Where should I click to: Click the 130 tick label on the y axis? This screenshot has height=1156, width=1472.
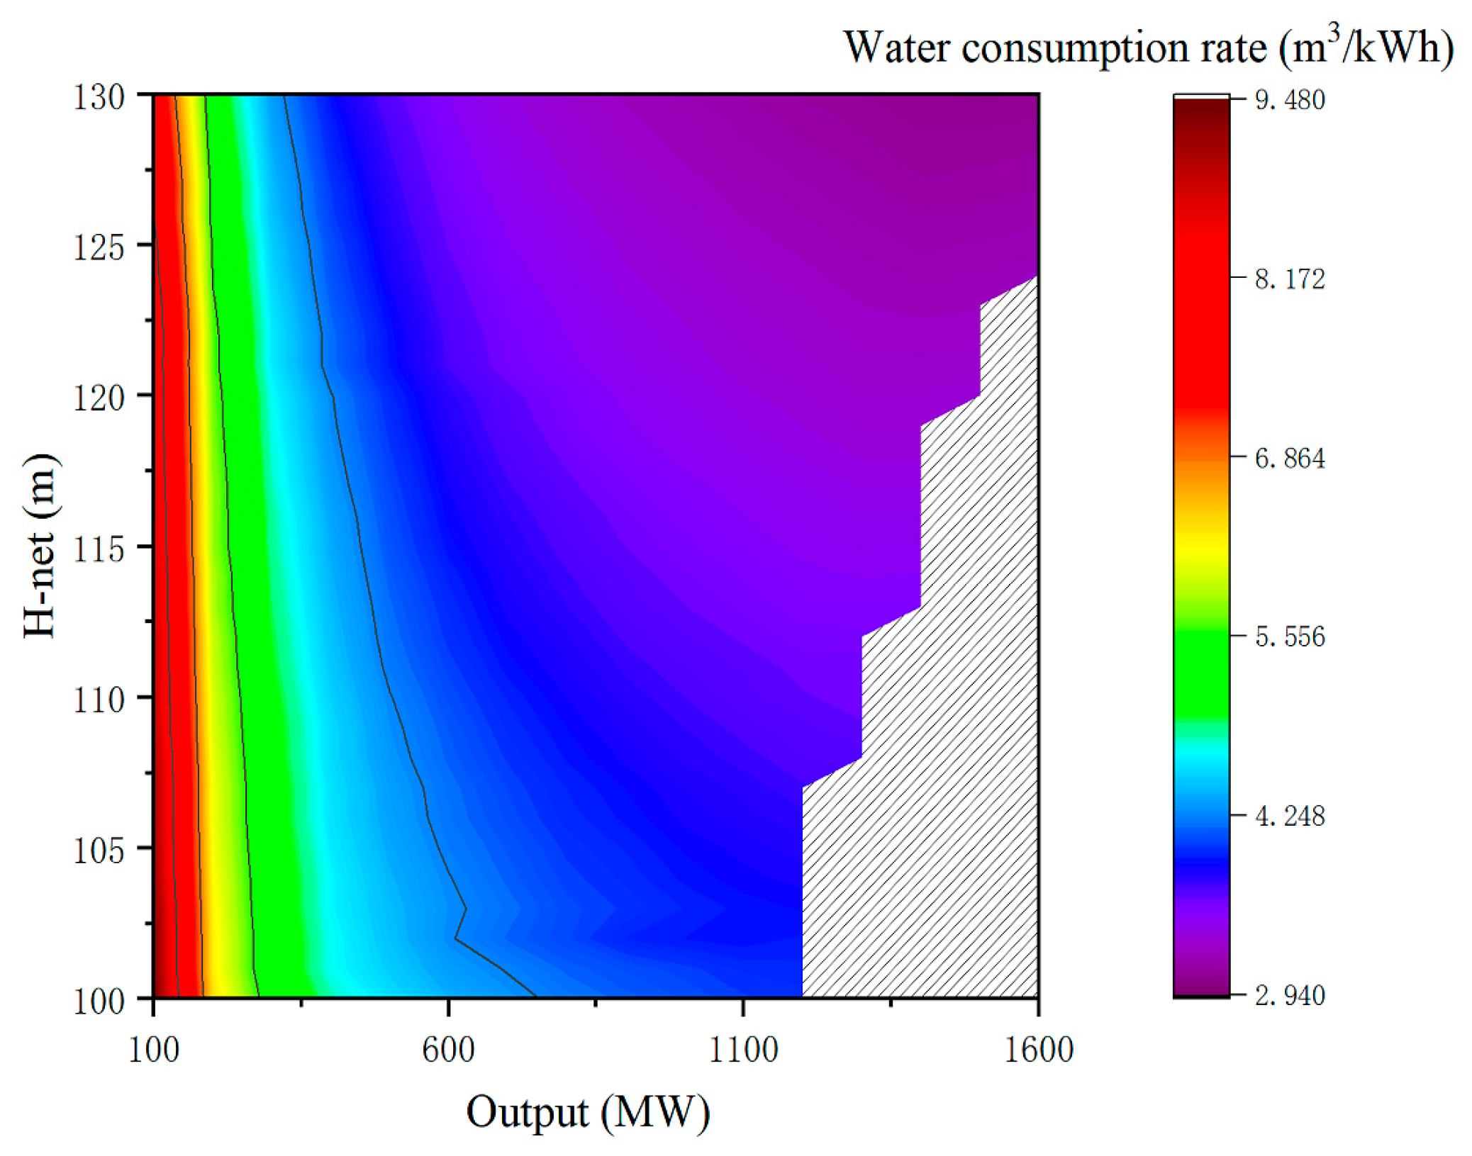(x=99, y=97)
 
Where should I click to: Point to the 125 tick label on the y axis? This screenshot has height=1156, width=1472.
(x=99, y=247)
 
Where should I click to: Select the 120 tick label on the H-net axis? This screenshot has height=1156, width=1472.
(x=99, y=398)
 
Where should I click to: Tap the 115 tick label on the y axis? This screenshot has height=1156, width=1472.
(x=99, y=549)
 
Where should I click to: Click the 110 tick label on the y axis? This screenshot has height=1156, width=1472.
(x=99, y=700)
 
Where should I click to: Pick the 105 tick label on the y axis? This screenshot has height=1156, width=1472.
(x=99, y=851)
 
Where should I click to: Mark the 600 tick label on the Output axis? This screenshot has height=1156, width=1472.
(x=447, y=1050)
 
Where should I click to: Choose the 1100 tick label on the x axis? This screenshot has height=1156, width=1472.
(x=742, y=1050)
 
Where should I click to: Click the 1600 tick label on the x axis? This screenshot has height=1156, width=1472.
(x=1038, y=1050)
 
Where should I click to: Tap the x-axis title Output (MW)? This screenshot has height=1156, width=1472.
(x=587, y=1113)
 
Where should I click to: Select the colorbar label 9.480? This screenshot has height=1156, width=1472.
(x=1288, y=100)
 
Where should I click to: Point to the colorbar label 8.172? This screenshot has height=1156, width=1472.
(x=1288, y=279)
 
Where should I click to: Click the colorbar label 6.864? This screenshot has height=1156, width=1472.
(x=1288, y=459)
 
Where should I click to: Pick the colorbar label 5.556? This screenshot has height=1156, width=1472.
(x=1288, y=637)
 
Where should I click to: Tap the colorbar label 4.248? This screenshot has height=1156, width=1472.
(x=1288, y=817)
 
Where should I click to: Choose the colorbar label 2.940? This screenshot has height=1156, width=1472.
(x=1288, y=996)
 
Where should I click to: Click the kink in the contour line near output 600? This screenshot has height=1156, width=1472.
(x=465, y=909)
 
